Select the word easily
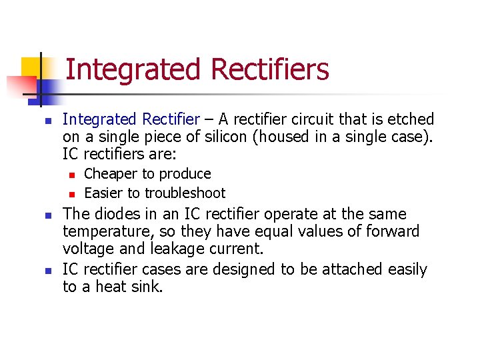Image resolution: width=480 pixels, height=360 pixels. (406, 269)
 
